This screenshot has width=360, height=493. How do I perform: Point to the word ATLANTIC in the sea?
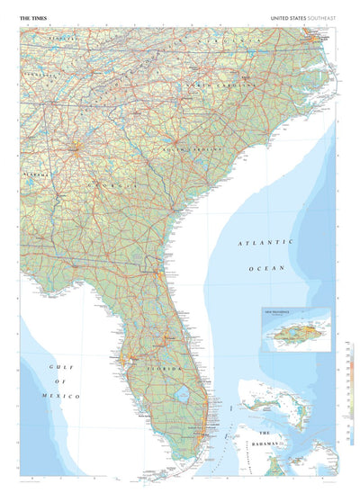click(x=265, y=243)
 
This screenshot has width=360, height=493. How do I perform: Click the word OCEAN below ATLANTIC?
click(x=267, y=268)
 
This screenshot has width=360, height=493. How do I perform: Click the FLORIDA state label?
click(x=166, y=370)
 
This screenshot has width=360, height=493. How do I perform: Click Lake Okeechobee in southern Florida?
click(x=184, y=394)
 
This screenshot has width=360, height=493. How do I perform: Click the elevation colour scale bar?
click(x=350, y=396)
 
